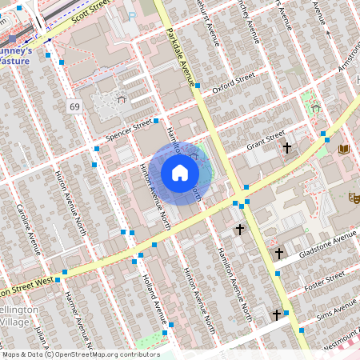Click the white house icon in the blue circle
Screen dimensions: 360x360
[180, 173]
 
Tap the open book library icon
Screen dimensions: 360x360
[345, 150]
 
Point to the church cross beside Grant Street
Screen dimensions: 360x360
[286, 148]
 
